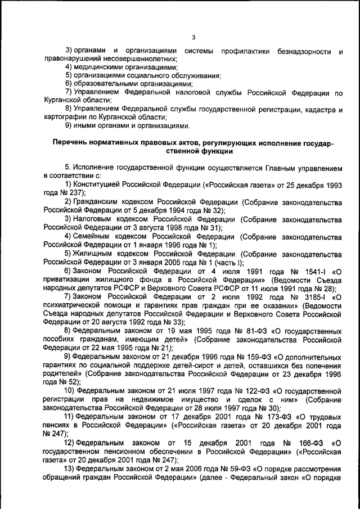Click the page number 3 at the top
click(x=193, y=38)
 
